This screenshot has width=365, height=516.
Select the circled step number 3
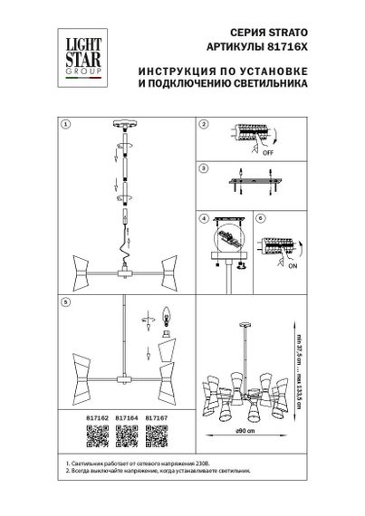click(204, 168)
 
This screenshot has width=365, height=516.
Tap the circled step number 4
click(204, 218)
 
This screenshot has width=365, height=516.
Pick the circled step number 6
click(260, 218)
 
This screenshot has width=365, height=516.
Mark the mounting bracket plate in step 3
click(255, 181)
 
